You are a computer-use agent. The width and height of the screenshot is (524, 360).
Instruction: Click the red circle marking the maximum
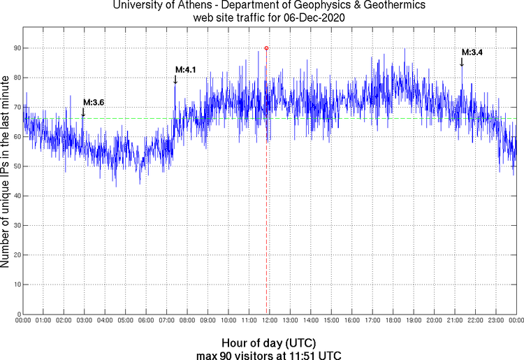[x=266, y=48]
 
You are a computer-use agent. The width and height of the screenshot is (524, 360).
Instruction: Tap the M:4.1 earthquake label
[x=185, y=69]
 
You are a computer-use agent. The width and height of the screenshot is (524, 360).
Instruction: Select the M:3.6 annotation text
[x=94, y=102]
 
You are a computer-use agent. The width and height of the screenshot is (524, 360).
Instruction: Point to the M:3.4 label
[x=472, y=52]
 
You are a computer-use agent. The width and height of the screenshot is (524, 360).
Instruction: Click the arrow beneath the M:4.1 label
[x=175, y=79]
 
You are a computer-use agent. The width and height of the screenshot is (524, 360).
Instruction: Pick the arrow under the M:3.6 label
[x=83, y=112]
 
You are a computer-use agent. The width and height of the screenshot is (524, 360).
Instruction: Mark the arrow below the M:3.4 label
[x=462, y=62]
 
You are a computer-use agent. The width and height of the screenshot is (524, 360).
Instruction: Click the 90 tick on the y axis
[x=15, y=48]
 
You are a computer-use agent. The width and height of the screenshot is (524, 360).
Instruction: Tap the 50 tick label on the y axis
[x=15, y=166]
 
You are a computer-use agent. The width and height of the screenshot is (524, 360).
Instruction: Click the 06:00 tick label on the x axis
[x=145, y=321]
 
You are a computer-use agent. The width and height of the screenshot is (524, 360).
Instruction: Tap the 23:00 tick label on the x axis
[x=495, y=321]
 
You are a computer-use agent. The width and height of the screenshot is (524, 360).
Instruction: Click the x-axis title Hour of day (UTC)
[x=268, y=343]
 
